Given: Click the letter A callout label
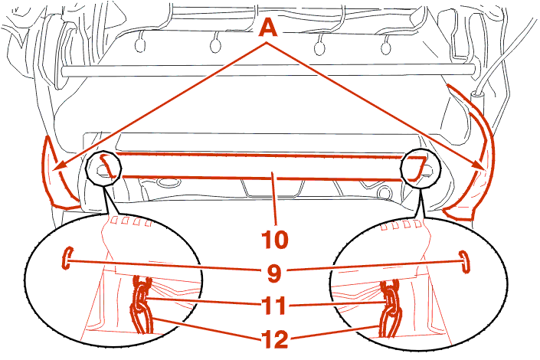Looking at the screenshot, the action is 268,27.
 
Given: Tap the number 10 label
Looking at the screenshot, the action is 275,239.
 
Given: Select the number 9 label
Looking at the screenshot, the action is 273,273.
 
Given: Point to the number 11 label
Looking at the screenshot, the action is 273,305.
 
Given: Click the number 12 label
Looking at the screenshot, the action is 274,339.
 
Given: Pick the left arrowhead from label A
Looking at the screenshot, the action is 60,165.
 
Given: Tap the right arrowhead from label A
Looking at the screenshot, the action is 480,165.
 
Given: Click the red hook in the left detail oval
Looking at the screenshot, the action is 67,257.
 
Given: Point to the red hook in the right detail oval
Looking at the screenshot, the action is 465,262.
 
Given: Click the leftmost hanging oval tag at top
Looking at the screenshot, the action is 140,45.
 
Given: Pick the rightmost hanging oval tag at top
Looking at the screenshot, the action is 386,48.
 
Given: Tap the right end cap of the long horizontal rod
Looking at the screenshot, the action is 473,69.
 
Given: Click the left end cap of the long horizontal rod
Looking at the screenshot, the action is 64,72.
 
